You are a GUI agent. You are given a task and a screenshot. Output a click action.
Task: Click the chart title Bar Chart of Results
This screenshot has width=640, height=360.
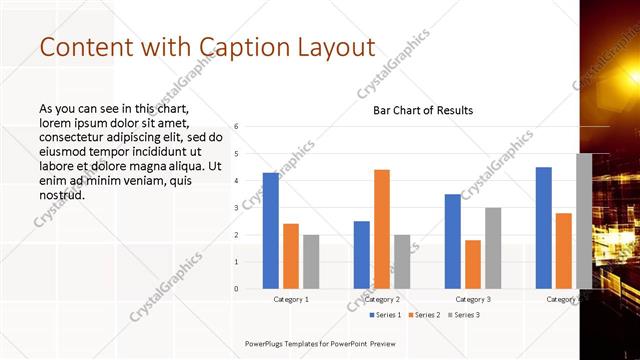pyautogui.click(x=423, y=110)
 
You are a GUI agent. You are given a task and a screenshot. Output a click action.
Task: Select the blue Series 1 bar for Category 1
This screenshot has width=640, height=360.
pyautogui.click(x=271, y=231)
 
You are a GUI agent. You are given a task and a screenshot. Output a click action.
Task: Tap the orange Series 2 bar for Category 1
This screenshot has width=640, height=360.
pyautogui.click(x=291, y=256)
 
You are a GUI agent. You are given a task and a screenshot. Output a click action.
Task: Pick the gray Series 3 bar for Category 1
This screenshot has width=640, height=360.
pyautogui.click(x=311, y=262)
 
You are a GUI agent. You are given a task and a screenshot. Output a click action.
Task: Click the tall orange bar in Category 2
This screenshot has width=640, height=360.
pyautogui.click(x=382, y=229)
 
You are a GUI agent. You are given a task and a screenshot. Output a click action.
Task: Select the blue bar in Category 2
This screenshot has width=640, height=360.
pyautogui.click(x=362, y=255)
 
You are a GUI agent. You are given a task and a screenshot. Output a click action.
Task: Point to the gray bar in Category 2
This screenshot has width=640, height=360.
pyautogui.click(x=402, y=262)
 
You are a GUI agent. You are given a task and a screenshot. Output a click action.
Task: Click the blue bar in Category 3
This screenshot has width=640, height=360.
pyautogui.click(x=453, y=241)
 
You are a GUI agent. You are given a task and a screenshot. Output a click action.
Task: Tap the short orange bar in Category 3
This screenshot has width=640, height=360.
pyautogui.click(x=473, y=264)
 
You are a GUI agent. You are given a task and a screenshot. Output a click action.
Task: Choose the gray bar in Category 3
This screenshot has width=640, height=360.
pyautogui.click(x=493, y=248)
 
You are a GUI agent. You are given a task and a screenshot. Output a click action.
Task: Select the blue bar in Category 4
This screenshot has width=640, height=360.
pyautogui.click(x=544, y=228)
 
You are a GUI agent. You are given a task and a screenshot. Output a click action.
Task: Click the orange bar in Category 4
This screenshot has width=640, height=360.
pyautogui.click(x=564, y=251)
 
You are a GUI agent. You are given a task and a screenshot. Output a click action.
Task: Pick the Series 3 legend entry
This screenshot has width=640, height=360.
pyautogui.click(x=464, y=315)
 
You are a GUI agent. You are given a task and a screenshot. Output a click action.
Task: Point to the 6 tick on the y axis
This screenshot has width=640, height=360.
pyautogui.click(x=236, y=126)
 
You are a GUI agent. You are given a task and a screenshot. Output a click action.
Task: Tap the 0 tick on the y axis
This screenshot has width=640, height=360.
pyautogui.click(x=236, y=289)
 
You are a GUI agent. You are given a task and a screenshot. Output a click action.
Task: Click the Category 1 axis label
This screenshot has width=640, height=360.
pyautogui.click(x=291, y=299)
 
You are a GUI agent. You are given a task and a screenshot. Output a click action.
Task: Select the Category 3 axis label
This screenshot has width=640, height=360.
pyautogui.click(x=473, y=299)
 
